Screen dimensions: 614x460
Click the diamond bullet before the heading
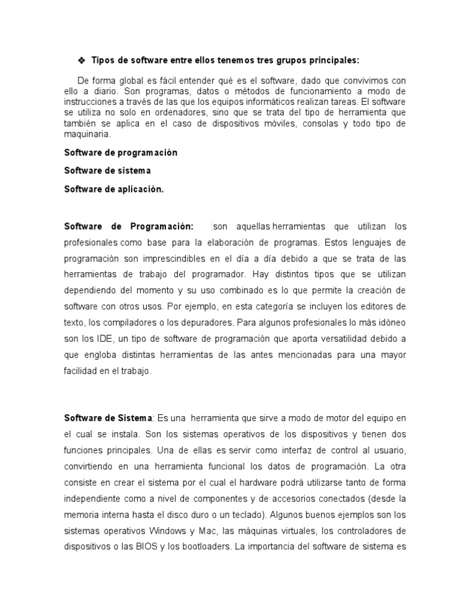[x=82, y=61]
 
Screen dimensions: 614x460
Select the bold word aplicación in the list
[x=140, y=189]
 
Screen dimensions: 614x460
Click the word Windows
[x=168, y=530]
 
